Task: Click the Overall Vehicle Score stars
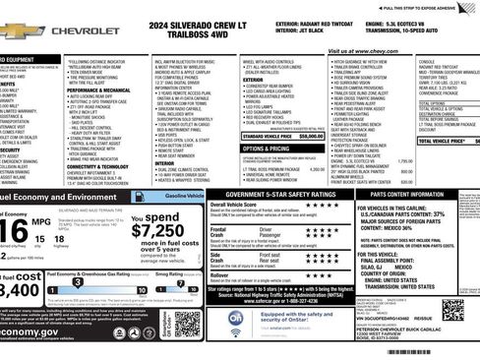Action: pos(313,209)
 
